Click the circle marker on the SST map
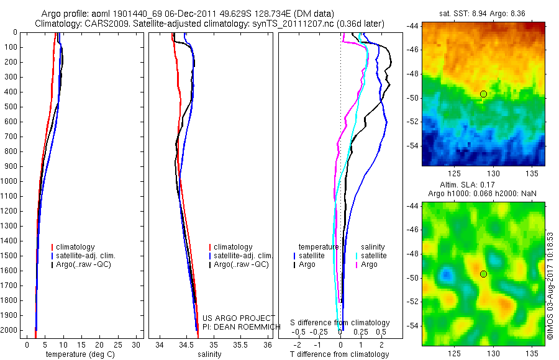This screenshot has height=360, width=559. pyautogui.click(x=483, y=94)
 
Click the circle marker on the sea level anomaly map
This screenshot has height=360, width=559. pyautogui.click(x=483, y=274)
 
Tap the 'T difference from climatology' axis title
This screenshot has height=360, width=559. pyautogui.click(x=340, y=354)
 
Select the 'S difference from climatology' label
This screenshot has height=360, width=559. pyautogui.click(x=340, y=323)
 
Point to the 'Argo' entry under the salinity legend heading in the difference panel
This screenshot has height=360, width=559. pyautogui.click(x=369, y=264)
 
